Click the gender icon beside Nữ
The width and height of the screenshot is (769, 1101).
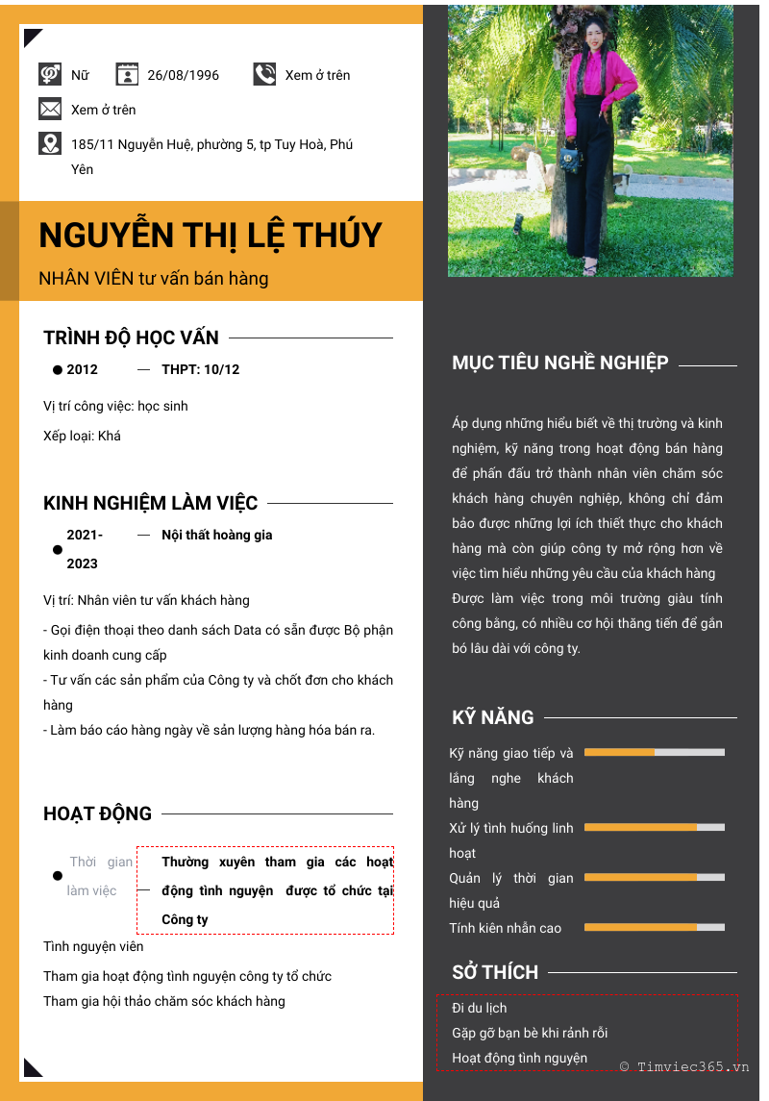click(x=50, y=74)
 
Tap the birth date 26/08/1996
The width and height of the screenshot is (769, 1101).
click(x=183, y=75)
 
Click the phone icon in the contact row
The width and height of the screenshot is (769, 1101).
click(x=264, y=74)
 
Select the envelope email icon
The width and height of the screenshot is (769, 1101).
click(x=50, y=109)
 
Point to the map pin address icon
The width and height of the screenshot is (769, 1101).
click(x=50, y=143)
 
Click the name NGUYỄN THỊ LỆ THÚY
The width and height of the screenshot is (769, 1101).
click(x=211, y=236)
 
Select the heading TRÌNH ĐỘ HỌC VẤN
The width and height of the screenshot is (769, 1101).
click(x=131, y=338)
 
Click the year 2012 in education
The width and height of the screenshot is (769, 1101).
click(x=83, y=369)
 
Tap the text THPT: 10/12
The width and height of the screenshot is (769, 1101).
click(x=200, y=369)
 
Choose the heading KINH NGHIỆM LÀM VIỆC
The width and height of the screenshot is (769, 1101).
click(x=151, y=503)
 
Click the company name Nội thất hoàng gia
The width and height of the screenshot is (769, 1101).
click(x=217, y=535)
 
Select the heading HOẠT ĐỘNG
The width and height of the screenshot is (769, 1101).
click(x=97, y=813)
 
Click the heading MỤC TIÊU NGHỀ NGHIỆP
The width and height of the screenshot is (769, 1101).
click(x=560, y=363)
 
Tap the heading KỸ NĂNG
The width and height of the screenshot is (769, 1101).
click(x=493, y=717)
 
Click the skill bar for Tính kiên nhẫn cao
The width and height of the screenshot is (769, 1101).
click(x=654, y=927)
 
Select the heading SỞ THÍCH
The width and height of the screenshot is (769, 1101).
click(x=495, y=972)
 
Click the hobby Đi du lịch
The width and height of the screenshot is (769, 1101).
click(x=480, y=1008)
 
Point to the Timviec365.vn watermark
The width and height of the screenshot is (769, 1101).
click(x=684, y=1066)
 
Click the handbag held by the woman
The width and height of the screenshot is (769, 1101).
click(x=571, y=157)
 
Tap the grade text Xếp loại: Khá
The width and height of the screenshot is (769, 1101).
click(x=83, y=436)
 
